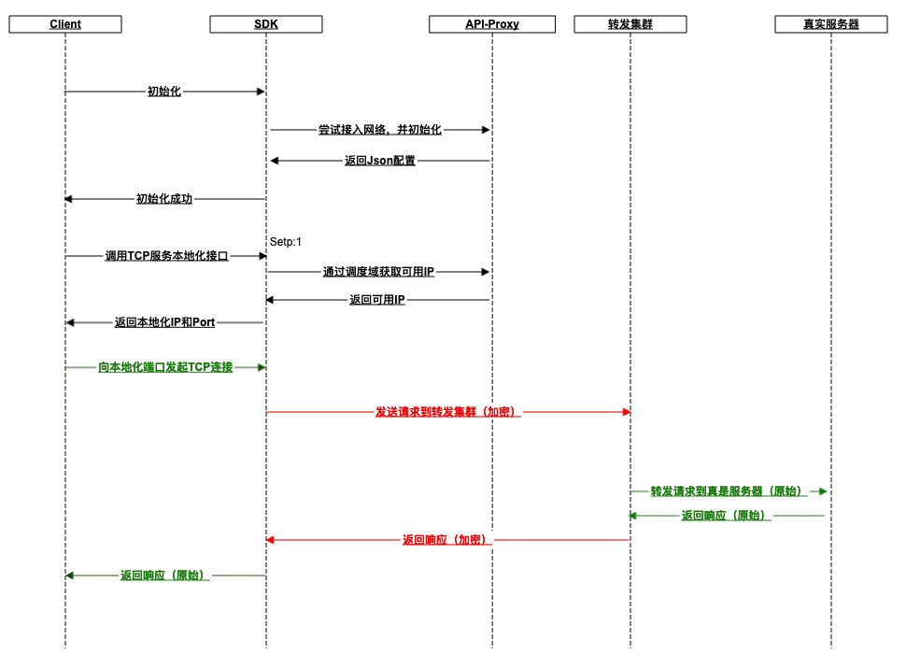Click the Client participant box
coord(65,24)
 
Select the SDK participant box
coord(266,24)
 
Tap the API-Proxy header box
coord(492,24)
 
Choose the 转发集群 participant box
coord(630,24)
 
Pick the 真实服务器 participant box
coord(831,24)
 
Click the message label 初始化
coord(164,92)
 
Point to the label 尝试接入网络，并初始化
coord(379,130)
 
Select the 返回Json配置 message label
coord(380,161)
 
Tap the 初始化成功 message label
coord(164,199)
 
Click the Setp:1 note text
coord(286,242)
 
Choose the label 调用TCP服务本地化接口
coord(166,256)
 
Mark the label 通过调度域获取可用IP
coord(378,272)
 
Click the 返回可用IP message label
coord(377,300)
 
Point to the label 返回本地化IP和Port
coord(164,322)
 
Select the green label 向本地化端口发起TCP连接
coord(165,367)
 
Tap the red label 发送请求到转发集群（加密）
coord(447,412)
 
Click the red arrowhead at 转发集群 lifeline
coord(627,412)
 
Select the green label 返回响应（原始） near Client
coord(164,576)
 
